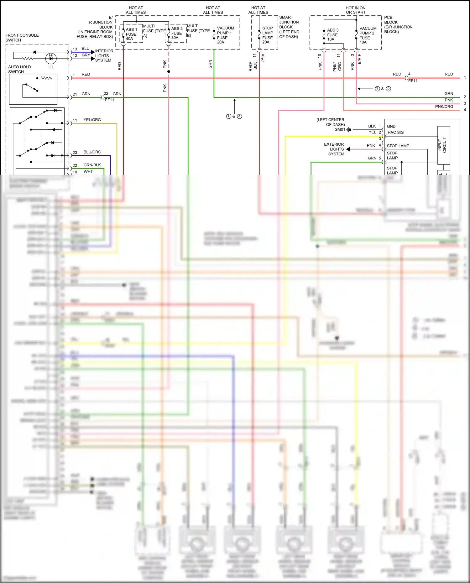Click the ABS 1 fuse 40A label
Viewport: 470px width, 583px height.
(131, 34)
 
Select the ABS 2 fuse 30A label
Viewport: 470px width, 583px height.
(176, 33)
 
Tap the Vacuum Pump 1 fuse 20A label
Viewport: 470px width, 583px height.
(225, 35)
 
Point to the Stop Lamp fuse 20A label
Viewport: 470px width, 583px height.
(267, 35)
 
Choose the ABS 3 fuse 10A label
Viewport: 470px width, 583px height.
(332, 35)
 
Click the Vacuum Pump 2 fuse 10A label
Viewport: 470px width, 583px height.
(368, 35)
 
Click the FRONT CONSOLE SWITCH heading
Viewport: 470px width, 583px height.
(22, 38)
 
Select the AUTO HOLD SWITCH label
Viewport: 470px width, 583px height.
(19, 69)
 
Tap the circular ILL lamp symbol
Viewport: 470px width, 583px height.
(51, 58)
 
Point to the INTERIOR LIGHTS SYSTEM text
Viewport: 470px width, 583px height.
(104, 55)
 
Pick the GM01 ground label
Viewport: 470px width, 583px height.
(340, 129)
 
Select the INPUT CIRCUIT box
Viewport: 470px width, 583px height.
(444, 145)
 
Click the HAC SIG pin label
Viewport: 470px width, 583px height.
(395, 133)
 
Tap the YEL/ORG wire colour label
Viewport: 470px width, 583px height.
(92, 120)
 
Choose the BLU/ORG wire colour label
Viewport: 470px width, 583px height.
(92, 152)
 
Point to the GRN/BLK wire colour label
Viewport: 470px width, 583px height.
(92, 165)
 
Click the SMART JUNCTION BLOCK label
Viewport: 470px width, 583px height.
(289, 27)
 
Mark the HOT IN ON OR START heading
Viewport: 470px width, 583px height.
(355, 10)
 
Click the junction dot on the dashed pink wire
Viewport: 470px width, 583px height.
(169, 72)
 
